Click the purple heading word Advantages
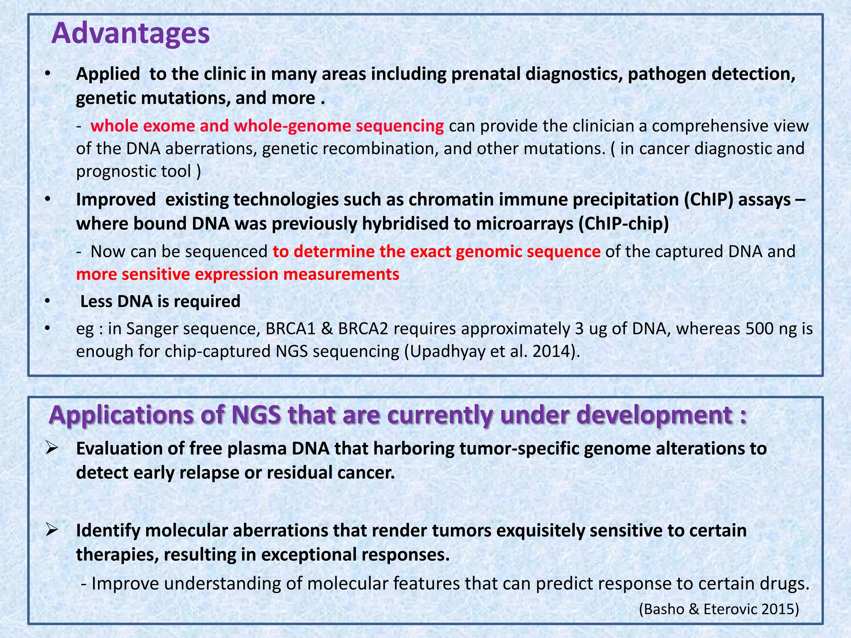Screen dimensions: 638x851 click(x=130, y=33)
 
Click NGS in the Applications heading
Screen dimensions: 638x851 click(x=256, y=415)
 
